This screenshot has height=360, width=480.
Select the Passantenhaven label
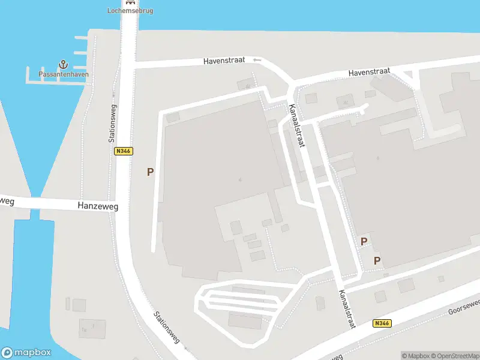(x=64, y=74)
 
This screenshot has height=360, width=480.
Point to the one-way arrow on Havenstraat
(x=257, y=59)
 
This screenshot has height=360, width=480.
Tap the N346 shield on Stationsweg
(x=123, y=151)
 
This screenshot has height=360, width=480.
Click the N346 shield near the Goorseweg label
(x=381, y=323)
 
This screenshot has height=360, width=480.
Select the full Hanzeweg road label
(x=98, y=206)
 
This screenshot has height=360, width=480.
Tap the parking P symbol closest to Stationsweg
(x=151, y=172)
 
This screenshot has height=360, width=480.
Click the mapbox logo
(x=26, y=353)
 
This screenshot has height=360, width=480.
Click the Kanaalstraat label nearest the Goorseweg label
(x=347, y=310)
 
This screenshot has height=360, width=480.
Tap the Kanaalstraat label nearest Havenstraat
(x=297, y=125)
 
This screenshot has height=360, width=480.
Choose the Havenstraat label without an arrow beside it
(x=370, y=72)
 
